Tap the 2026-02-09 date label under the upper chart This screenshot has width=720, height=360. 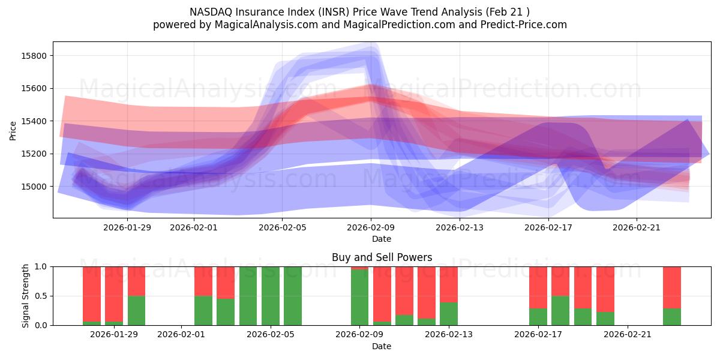tap(371, 227)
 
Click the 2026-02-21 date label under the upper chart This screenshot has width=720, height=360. tap(637, 227)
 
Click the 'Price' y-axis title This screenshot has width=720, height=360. tap(13, 130)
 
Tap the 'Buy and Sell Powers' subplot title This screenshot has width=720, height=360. tap(382, 257)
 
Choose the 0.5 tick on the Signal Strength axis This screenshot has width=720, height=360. tap(41, 296)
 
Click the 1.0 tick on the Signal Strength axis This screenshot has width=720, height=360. tap(41, 266)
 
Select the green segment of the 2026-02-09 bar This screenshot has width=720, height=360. tap(360, 298)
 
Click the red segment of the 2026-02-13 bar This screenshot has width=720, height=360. tap(449, 284)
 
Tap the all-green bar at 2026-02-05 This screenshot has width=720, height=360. tap(271, 296)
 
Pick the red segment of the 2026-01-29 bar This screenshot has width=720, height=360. tap(114, 286)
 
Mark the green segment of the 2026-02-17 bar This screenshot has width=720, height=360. tap(538, 317)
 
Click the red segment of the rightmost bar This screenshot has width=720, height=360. tap(672, 287)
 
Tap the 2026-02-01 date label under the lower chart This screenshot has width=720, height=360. tap(181, 334)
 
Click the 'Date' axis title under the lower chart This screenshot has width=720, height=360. tap(382, 346)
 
